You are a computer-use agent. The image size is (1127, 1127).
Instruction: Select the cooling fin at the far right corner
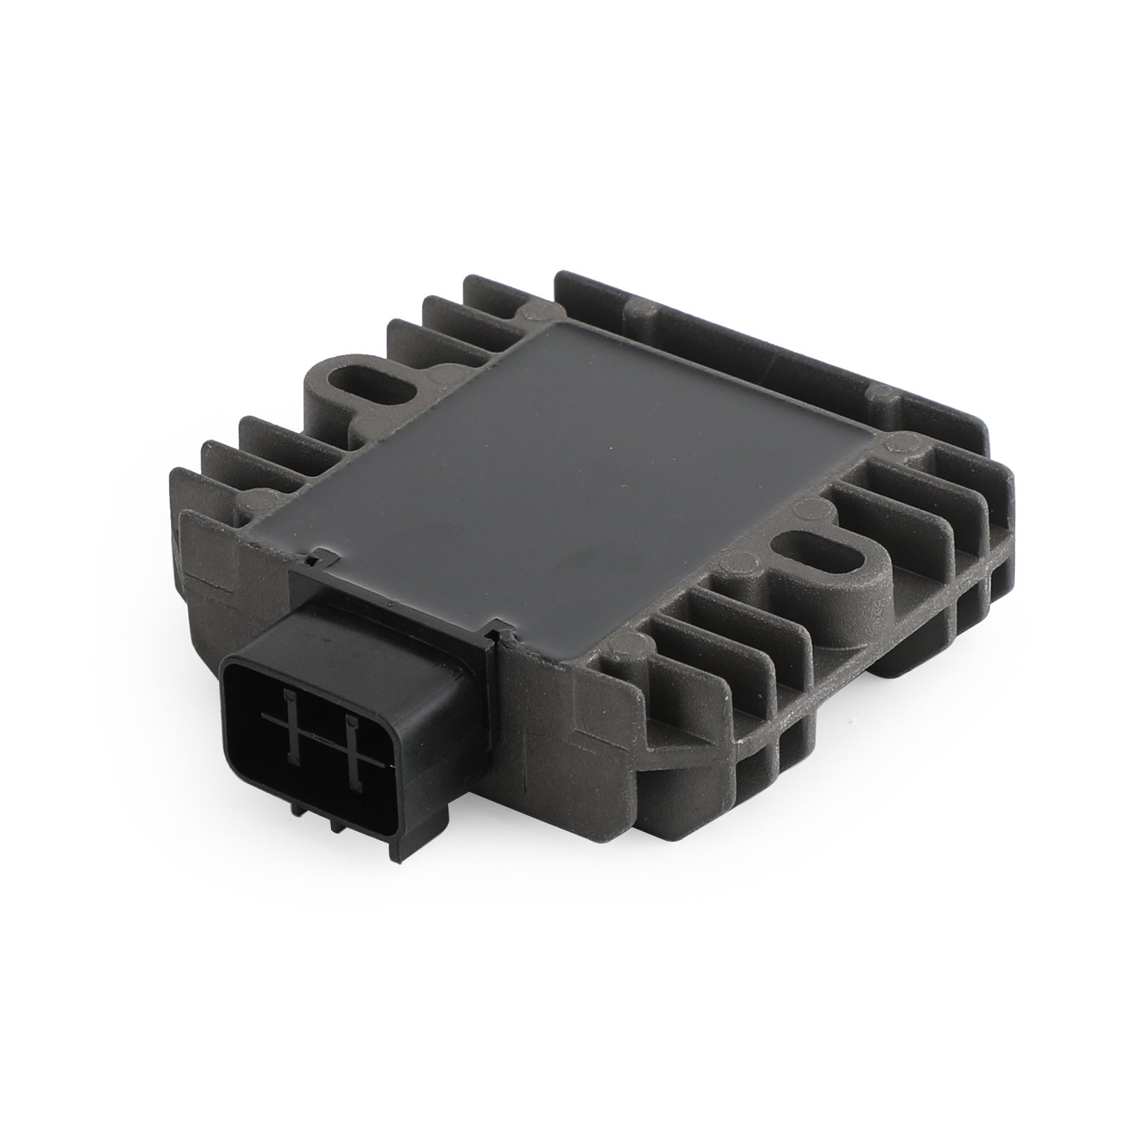tap(1000, 535)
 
